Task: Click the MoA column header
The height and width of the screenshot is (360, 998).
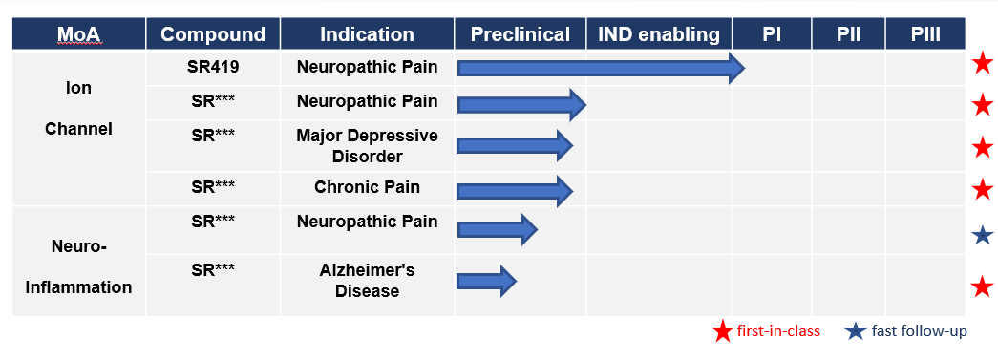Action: click(x=79, y=33)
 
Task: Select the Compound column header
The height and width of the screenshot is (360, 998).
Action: click(x=213, y=33)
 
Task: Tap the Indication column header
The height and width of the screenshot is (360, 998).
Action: click(x=367, y=33)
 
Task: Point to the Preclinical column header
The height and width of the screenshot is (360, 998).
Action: click(x=520, y=33)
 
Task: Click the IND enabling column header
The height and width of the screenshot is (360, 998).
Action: click(x=659, y=33)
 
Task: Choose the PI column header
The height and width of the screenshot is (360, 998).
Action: click(x=772, y=33)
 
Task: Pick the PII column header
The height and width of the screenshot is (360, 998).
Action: click(x=848, y=33)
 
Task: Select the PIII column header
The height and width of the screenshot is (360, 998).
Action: click(x=925, y=33)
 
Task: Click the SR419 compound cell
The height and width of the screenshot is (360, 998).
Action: click(x=213, y=66)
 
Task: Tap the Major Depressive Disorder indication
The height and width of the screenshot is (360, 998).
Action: click(x=368, y=146)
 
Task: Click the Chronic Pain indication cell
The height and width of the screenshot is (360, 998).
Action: click(x=368, y=187)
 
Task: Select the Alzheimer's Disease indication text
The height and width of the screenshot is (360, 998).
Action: click(x=368, y=281)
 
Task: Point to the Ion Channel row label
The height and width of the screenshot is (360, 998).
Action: click(x=79, y=108)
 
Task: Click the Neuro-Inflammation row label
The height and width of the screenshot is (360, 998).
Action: click(x=79, y=265)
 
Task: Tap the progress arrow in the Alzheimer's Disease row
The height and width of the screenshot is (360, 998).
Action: click(x=487, y=281)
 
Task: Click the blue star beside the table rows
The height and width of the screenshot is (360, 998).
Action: click(x=983, y=236)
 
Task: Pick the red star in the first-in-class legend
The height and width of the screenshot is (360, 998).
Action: click(x=722, y=331)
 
